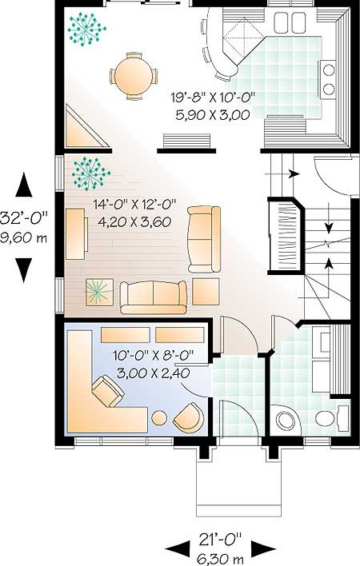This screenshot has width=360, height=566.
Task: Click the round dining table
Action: tap(134, 76)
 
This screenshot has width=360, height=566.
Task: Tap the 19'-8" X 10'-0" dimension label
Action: tap(213, 97)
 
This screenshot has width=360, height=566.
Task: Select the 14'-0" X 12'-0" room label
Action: tap(134, 205)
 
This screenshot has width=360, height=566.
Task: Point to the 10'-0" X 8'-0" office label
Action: tap(154, 356)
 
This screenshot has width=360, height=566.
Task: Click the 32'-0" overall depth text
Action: tap(24, 218)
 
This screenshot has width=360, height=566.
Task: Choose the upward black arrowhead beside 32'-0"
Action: tap(24, 185)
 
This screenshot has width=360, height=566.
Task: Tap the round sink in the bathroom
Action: tap(286, 421)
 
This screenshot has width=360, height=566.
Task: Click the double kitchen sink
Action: tap(290, 22)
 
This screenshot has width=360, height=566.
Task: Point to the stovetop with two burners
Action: tap(329, 79)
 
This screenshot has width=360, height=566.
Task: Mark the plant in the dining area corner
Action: tap(86, 30)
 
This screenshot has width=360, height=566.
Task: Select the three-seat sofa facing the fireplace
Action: tap(154, 297)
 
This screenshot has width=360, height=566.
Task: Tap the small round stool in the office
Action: tap(159, 418)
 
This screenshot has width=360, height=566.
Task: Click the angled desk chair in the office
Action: tap(108, 391)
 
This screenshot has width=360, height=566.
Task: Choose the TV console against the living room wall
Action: tap(77, 233)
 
